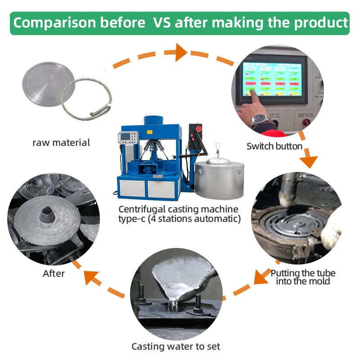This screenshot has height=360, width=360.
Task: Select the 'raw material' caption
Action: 61,143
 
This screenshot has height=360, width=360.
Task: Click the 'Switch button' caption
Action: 274,146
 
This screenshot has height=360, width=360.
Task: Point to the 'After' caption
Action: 54,273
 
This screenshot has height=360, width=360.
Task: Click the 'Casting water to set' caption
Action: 175,346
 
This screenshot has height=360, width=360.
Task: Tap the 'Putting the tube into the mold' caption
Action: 302,277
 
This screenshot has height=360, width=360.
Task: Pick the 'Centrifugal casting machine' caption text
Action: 178,209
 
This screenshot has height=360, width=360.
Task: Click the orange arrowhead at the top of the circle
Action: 180,52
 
